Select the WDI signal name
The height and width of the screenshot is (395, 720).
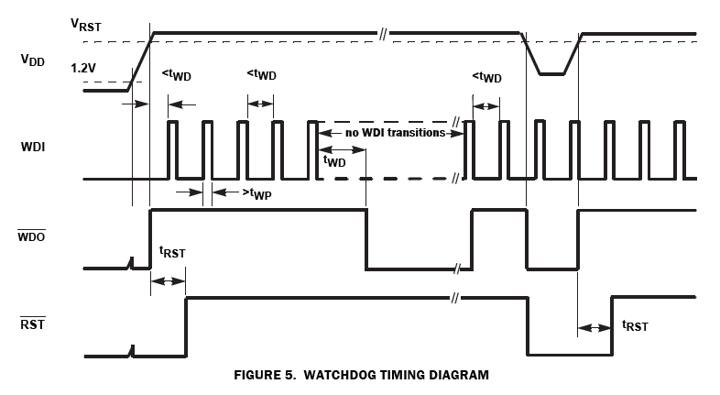pyautogui.click(x=34, y=146)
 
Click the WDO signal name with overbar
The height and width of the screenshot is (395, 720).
pyautogui.click(x=34, y=236)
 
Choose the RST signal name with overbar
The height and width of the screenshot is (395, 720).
pyautogui.click(x=34, y=324)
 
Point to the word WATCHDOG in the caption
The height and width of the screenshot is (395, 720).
pyautogui.click(x=347, y=375)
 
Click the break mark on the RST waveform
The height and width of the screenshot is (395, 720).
pyautogui.click(x=454, y=299)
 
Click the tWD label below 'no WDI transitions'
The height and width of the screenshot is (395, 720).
pyautogui.click(x=334, y=160)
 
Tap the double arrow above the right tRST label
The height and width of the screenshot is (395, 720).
pyautogui.click(x=595, y=327)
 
